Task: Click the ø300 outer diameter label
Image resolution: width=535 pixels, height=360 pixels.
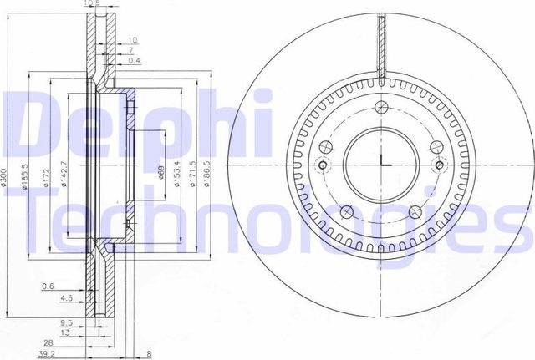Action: tap(6, 177)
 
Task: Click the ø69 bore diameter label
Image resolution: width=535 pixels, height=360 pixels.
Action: tap(160, 178)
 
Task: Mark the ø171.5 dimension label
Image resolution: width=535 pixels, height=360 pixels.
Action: tap(193, 176)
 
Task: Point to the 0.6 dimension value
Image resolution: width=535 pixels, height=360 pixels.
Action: tap(47, 286)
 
